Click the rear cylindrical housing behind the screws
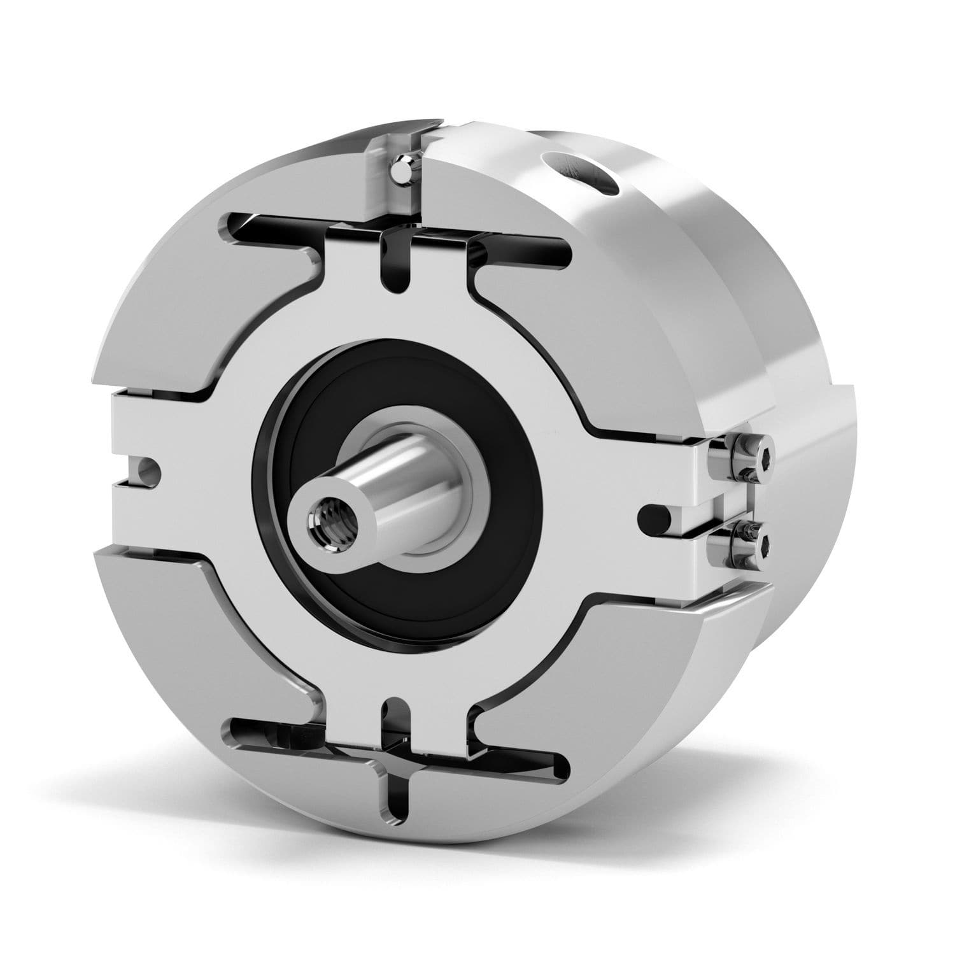click(821, 484)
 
